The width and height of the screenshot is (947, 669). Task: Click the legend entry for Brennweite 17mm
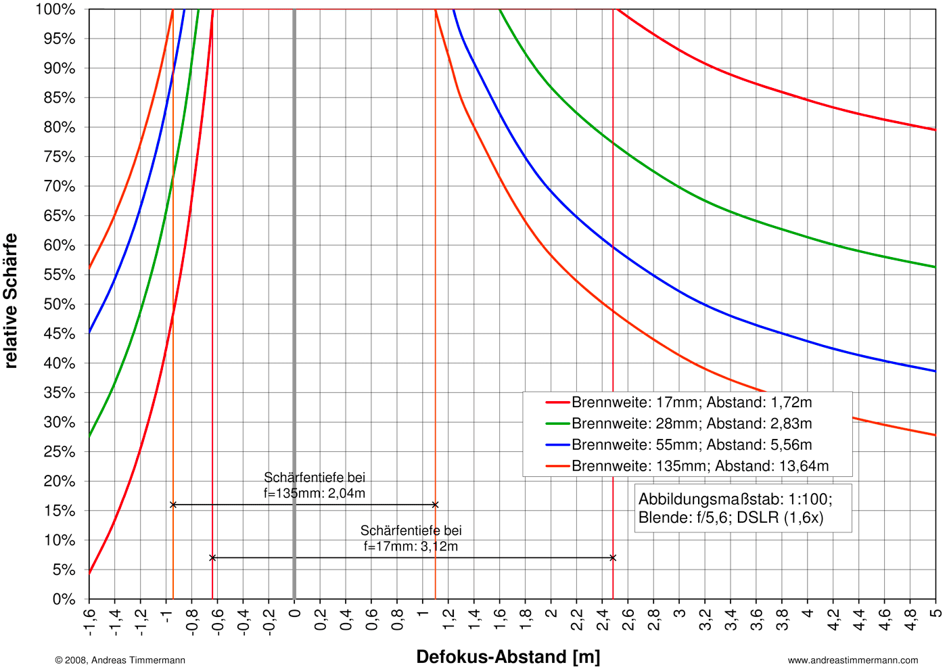[691, 402]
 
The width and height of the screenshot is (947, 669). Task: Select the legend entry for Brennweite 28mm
[691, 423]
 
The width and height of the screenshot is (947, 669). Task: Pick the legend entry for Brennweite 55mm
[691, 445]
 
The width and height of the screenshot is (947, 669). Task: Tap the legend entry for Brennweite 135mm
[699, 466]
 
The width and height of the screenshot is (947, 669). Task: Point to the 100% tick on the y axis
[55, 9]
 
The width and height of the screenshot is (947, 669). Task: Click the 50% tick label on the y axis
[60, 304]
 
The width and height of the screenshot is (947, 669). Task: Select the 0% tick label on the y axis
[64, 599]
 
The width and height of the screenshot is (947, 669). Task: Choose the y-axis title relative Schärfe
[11, 301]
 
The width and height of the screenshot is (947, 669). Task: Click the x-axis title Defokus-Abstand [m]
[508, 657]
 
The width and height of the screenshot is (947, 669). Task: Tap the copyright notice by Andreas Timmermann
[120, 660]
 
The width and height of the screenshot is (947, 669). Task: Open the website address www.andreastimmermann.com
[853, 660]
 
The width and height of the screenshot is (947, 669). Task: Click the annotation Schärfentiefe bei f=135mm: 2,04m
[315, 486]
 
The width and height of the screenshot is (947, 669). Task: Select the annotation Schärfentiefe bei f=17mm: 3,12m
[411, 538]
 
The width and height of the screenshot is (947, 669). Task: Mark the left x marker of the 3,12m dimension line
[212, 558]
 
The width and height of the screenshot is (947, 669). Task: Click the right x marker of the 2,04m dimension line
[435, 505]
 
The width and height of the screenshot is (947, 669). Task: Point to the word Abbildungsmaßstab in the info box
[701, 499]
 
